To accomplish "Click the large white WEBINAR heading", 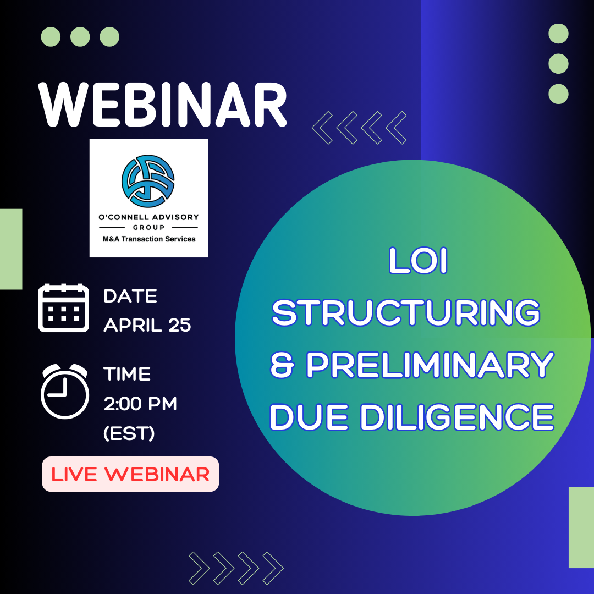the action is pos(162,105).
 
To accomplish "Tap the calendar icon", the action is pos(64,307).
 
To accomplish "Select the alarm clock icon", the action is pos(65,392).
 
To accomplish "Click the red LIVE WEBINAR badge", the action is pos(130,474).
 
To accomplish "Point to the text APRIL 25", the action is pos(147,325).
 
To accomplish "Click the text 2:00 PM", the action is pos(141,404).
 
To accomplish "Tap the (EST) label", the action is pos(129,433).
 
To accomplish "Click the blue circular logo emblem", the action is pos(148,181).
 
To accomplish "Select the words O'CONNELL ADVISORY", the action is pos(148,217).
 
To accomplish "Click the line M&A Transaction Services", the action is pos(149,239).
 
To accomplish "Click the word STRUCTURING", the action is pos(406,312).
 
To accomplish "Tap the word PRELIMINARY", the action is pos(430,365).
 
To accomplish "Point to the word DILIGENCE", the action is pos(457,417).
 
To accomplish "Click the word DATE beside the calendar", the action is pos(130,296).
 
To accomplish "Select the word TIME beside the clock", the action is pos(127,374).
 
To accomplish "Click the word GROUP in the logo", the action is pos(148,227).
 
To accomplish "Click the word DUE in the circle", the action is pos(309,417).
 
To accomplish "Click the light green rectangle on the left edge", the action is pos(11,249).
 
